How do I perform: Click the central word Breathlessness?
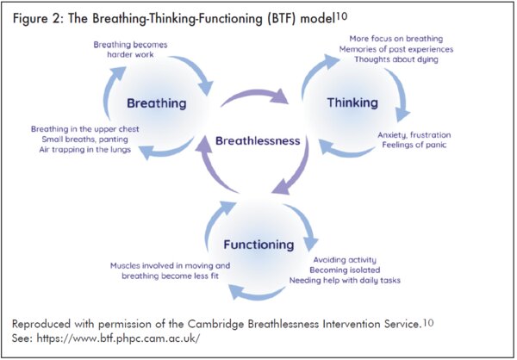tap(258, 140)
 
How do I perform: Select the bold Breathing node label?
tap(157, 103)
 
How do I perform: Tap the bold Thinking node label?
tap(352, 102)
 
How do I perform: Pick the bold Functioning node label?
tap(258, 245)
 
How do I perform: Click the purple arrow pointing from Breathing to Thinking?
tap(254, 93)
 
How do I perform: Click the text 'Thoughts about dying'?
tap(396, 59)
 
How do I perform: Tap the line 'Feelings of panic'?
tap(414, 145)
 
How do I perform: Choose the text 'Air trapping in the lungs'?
tap(85, 150)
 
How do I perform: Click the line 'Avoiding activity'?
tap(345, 260)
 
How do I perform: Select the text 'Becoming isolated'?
tap(345, 270)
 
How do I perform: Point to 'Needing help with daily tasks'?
tap(345, 280)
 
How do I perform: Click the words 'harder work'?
tap(130, 54)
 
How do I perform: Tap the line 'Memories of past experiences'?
tap(396, 49)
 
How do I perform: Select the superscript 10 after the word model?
tap(341, 16)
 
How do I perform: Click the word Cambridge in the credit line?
tap(215, 324)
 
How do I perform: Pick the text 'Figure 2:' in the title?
tap(39, 18)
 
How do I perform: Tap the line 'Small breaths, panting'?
tap(85, 140)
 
